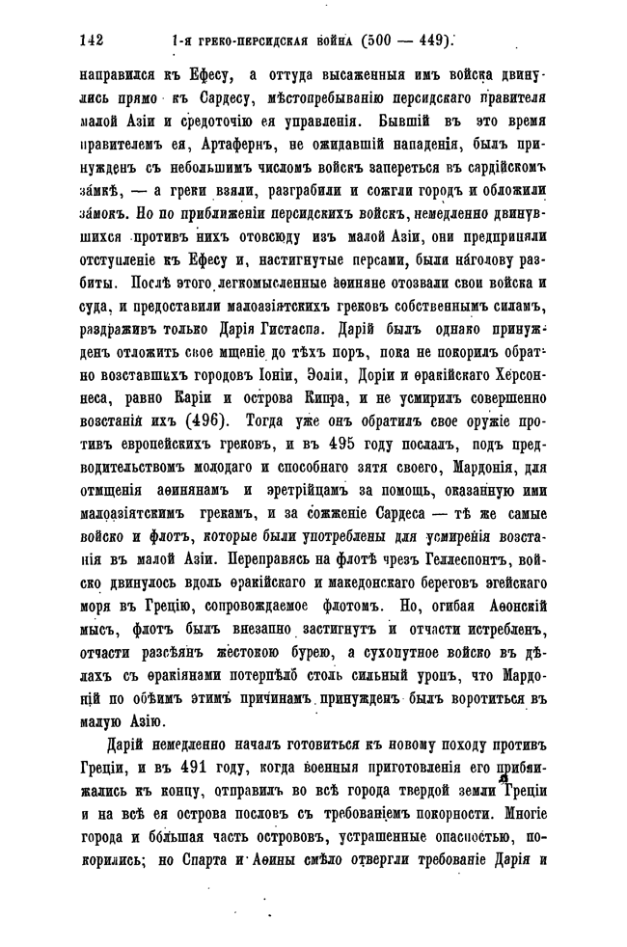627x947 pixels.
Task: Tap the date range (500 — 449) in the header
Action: pyautogui.click(x=405, y=41)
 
